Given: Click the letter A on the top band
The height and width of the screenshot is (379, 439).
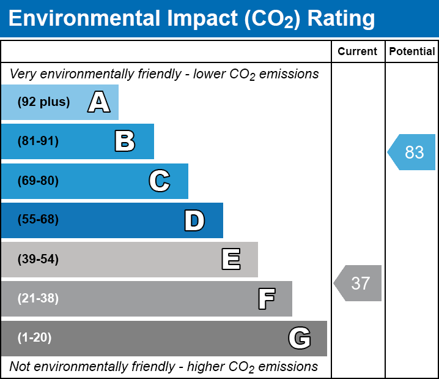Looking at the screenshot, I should point(99,102).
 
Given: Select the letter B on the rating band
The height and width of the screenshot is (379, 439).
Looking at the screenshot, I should point(125,141).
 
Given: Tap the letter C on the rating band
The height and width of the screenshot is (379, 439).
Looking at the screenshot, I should point(160,181).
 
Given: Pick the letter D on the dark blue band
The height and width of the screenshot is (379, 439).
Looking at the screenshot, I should point(194,220).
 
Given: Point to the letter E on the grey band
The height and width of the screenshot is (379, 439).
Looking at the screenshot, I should point(231,260).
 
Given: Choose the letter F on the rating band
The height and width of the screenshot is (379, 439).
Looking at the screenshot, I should point(266,299).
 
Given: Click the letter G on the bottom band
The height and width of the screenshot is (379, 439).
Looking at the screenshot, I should point(300,338).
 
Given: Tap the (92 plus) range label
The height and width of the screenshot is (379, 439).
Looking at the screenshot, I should point(43,102).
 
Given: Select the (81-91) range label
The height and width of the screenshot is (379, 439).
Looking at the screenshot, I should point(38,141).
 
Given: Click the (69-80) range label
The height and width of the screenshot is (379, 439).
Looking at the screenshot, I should point(38,181).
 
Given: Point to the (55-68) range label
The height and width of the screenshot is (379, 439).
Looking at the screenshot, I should point(38,220).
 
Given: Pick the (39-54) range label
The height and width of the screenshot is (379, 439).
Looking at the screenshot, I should point(38,260).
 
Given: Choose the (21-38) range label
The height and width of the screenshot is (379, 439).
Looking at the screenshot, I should point(38,299).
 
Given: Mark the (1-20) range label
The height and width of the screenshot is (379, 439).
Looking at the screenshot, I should point(35,338).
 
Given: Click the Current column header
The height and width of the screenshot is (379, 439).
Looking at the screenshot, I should point(358,52).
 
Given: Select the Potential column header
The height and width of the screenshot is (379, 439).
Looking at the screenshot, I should point(412,52).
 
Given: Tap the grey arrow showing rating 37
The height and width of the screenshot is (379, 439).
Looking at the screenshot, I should point(359,283).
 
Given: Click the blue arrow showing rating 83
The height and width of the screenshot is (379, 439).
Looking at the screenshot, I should point(413,152).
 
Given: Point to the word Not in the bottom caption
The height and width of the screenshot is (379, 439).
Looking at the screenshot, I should point(20,367).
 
